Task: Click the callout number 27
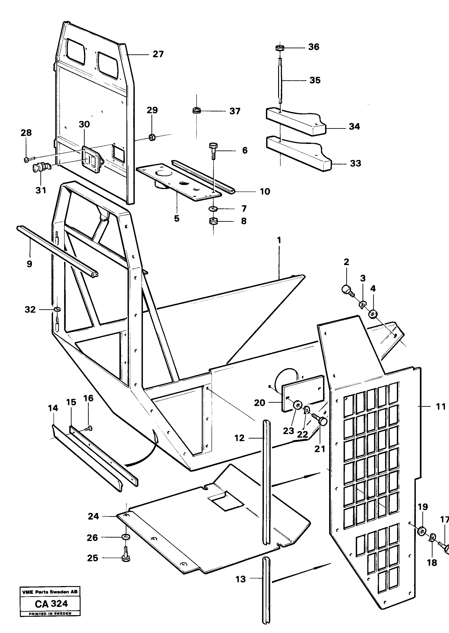click(158, 54)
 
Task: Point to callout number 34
click(354, 127)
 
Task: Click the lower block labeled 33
click(299, 155)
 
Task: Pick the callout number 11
click(441, 407)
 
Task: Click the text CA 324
click(51, 604)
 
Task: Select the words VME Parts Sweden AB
click(50, 592)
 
